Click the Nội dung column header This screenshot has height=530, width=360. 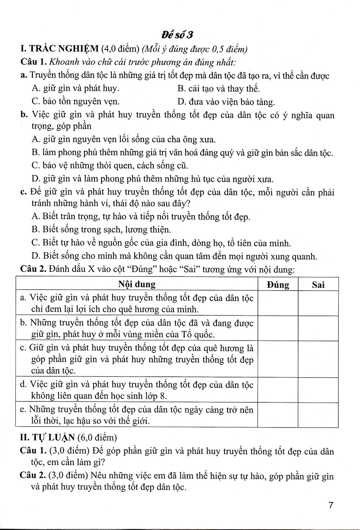coord(137,284)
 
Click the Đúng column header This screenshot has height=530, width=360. coord(278,284)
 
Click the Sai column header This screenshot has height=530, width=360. coord(318,284)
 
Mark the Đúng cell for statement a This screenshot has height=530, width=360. coord(278,303)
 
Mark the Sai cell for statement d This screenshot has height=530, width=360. coord(318,388)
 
